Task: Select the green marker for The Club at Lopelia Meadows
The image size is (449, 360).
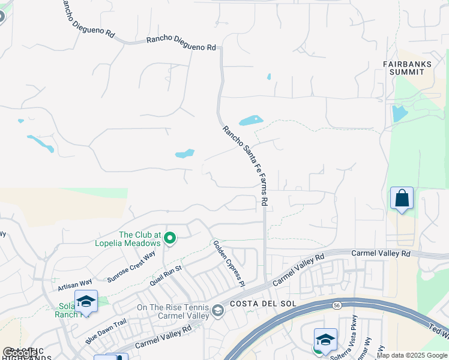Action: [x=170, y=239]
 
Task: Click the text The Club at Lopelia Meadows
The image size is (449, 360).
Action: [x=140, y=239]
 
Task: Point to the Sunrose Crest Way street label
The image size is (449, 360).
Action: [x=131, y=267]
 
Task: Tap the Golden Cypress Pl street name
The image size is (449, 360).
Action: [x=229, y=261]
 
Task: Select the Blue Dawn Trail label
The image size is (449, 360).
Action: [x=106, y=331]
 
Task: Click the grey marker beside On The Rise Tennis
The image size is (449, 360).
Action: [x=217, y=311]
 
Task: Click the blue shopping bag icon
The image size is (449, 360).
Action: [x=402, y=198]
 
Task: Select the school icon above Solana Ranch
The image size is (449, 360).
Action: [x=86, y=301]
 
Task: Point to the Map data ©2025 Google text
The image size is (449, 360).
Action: [x=412, y=355]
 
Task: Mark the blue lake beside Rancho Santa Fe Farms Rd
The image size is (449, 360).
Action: [x=251, y=121]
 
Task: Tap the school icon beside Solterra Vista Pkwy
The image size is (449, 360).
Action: [x=325, y=340]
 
